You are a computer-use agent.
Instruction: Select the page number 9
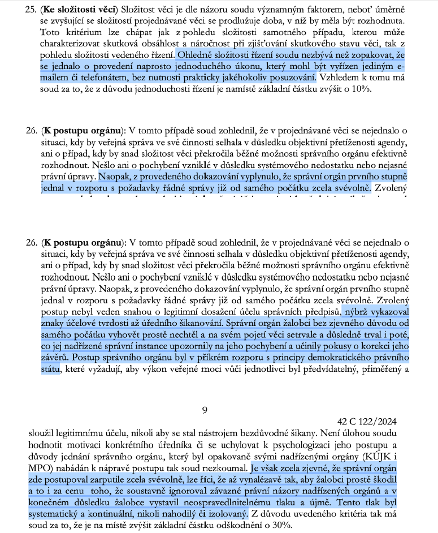pos(205,409)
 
